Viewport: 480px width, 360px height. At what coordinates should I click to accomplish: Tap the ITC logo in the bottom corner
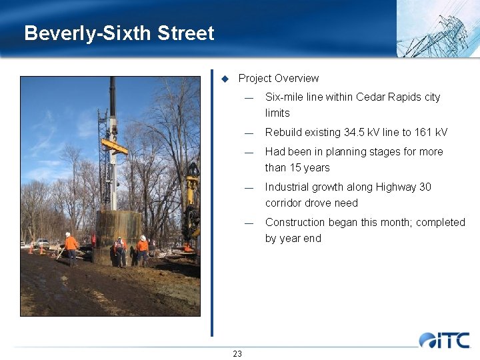click(x=444, y=340)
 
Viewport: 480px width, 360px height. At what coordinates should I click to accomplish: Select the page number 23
click(x=237, y=353)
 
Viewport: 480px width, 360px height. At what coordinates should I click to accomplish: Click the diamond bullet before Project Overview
click(x=225, y=79)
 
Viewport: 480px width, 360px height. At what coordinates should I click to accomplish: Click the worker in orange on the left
click(x=71, y=247)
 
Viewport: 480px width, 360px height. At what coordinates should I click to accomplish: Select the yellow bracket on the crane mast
click(x=115, y=147)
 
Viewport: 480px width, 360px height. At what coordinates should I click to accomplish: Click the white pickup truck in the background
click(x=41, y=243)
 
